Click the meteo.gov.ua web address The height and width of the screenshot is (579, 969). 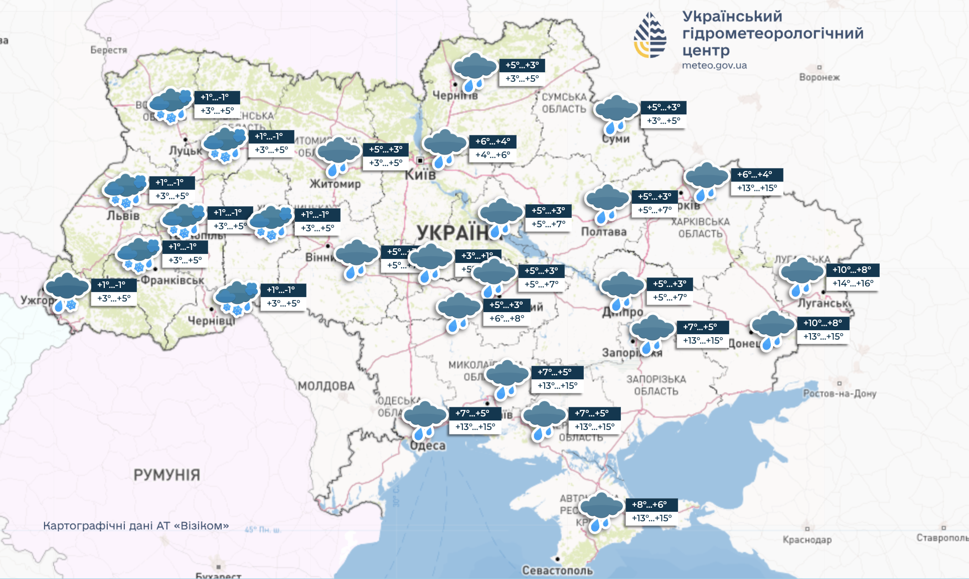[714, 65]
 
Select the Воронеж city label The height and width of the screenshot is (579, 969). [819, 77]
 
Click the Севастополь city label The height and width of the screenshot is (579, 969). [557, 570]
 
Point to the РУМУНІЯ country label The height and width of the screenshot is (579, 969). [167, 475]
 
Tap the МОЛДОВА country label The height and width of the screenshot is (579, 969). [326, 386]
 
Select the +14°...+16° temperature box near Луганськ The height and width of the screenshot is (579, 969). [853, 283]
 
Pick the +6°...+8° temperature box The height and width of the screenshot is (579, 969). [507, 319]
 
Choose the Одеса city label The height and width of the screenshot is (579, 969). [427, 446]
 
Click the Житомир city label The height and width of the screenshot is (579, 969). [335, 184]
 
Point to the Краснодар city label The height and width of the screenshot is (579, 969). [807, 540]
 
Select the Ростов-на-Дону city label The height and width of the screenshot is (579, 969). [840, 393]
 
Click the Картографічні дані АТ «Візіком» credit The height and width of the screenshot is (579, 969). [136, 526]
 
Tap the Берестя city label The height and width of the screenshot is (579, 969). [108, 50]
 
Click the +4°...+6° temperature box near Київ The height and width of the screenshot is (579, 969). [493, 155]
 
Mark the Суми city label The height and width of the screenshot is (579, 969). [616, 139]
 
